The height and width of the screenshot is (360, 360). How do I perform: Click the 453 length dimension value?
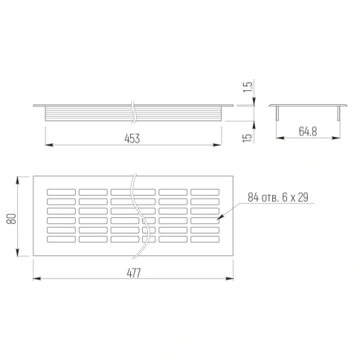(x=132, y=138)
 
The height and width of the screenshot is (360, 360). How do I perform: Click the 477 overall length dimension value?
(x=134, y=273)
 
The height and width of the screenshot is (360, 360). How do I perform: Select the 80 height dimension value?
(x=11, y=219)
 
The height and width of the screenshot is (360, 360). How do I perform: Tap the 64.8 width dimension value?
(x=308, y=132)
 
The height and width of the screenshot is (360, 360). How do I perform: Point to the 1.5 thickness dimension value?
(x=248, y=87)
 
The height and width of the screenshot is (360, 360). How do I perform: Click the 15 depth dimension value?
(x=247, y=138)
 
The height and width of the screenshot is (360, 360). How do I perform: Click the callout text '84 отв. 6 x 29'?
(x=278, y=197)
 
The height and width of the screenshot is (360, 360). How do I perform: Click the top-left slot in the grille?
(x=61, y=192)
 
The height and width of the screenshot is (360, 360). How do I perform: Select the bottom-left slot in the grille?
(x=61, y=240)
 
